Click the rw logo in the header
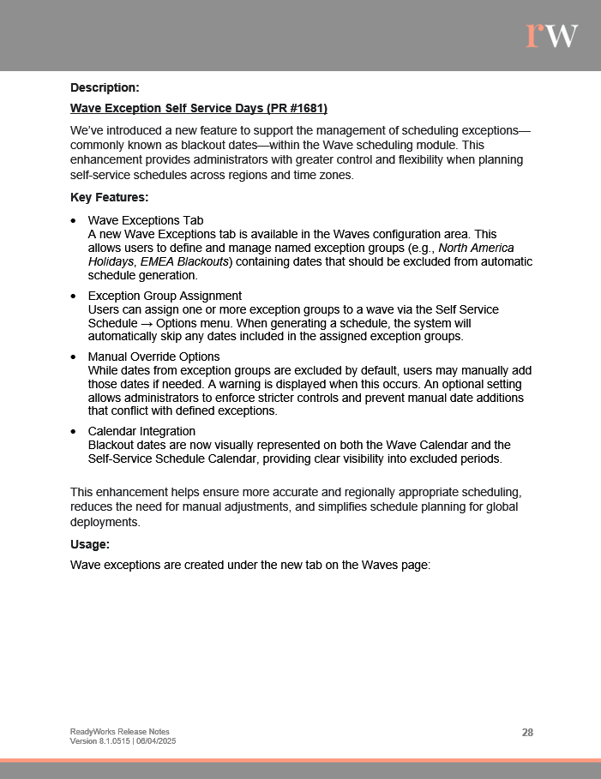click(552, 35)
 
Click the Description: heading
click(105, 87)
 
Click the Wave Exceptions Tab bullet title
click(146, 220)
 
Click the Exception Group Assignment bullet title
click(165, 296)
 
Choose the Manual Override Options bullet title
click(153, 357)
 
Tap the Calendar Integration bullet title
click(141, 431)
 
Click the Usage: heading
click(91, 544)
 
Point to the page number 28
click(527, 732)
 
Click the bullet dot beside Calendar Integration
click(75, 431)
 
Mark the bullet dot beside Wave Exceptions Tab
click(75, 220)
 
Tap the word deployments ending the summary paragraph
click(104, 522)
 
